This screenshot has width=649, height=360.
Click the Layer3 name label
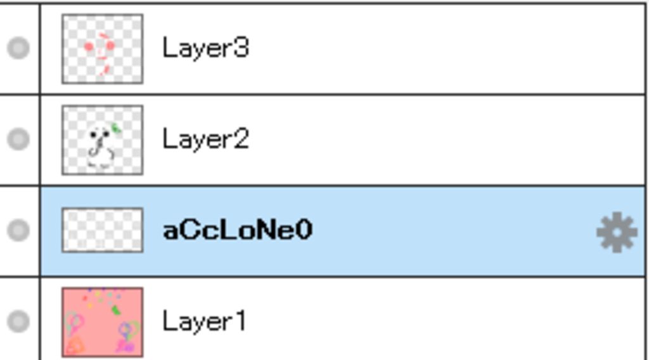205,48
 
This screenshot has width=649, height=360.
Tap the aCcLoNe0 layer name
237,230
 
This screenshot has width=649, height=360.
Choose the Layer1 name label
203,321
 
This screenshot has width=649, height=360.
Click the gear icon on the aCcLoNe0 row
616,233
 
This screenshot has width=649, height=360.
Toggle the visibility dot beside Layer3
18,48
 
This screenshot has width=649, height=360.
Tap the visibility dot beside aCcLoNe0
18,230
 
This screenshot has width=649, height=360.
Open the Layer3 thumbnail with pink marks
102,49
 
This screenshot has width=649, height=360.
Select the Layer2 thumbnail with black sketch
102,140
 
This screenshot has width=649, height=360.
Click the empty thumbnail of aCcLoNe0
102,230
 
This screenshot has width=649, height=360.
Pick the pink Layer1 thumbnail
102,321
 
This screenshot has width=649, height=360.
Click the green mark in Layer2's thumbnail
117,129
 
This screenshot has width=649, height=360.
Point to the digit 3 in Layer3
241,48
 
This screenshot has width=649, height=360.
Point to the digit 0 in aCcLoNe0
304,230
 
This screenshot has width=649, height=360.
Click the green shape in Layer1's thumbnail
116,310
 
